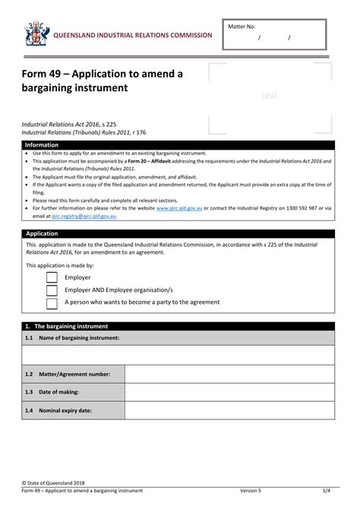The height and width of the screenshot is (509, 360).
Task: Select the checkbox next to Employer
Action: [x=52, y=277]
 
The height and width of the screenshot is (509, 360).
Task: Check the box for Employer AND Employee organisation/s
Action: [x=52, y=290]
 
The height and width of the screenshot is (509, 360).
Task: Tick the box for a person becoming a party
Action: [x=52, y=303]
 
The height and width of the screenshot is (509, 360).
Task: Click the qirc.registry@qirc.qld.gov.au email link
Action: [x=84, y=216]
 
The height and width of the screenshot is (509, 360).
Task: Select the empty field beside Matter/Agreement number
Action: [x=229, y=374]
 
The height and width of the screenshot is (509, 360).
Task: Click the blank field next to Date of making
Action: [x=229, y=392]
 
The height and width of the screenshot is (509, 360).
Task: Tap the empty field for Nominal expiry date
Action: [x=229, y=410]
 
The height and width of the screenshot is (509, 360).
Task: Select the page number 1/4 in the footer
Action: [x=325, y=491]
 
